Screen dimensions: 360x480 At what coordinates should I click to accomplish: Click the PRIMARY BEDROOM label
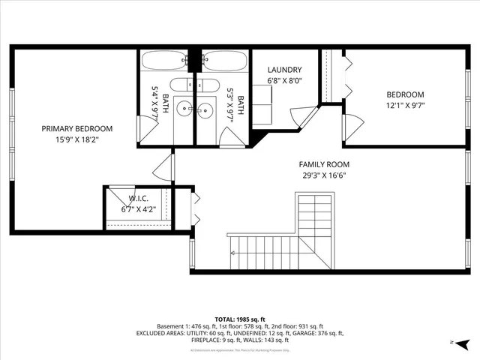coord(76,128)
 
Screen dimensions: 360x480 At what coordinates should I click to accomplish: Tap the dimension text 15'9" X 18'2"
coord(76,139)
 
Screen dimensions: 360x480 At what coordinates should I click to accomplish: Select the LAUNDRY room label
coord(284,70)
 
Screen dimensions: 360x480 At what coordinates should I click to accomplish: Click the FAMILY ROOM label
coord(324,164)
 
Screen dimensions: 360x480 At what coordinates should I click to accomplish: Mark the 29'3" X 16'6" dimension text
coord(324,175)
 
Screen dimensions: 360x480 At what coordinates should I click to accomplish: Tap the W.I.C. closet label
coord(139,199)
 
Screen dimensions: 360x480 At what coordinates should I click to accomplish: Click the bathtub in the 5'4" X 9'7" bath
coord(166,59)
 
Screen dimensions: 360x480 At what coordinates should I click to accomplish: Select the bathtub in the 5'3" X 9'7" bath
coord(223,59)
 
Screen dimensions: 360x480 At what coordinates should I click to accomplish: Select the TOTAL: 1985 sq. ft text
coord(240,319)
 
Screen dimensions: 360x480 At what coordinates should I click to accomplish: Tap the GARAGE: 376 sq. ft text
coord(318,333)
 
